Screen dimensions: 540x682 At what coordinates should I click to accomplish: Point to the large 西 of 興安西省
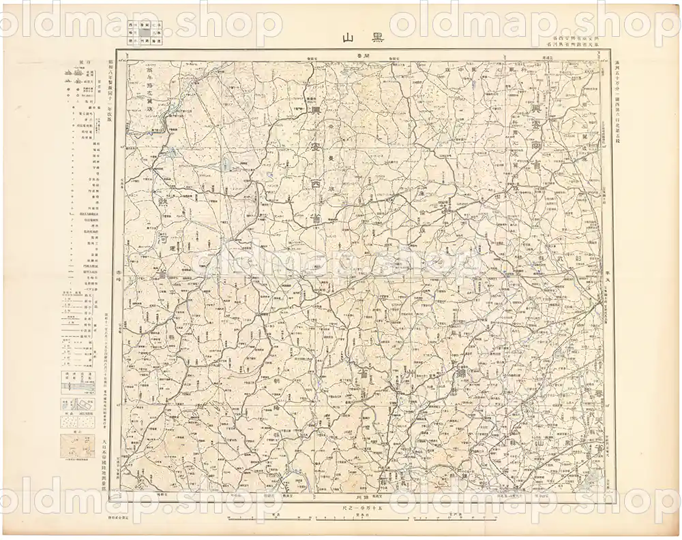click(x=315, y=185)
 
